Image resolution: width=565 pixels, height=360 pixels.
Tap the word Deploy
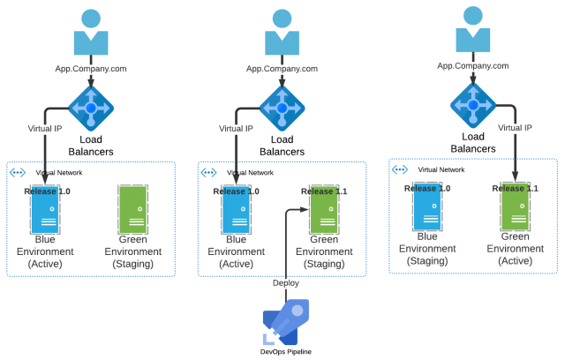coord(285,283)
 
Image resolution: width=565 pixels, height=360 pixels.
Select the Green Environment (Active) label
coord(516,249)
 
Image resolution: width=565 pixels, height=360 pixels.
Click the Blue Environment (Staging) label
coord(426,249)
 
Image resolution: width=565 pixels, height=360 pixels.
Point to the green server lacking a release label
coord(133,209)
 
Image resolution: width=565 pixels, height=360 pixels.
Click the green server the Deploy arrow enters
coord(324,210)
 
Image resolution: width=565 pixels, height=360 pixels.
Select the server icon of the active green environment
coord(516,206)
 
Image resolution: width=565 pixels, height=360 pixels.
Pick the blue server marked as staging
coord(426,206)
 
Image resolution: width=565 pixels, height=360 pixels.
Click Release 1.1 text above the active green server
coord(515,188)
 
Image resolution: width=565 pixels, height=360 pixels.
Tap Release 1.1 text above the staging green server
coord(324,191)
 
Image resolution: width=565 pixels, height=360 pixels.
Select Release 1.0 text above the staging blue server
coord(426,188)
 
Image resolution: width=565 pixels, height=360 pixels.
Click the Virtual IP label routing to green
coord(515,128)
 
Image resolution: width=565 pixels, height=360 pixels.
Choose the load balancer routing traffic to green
coord(473,105)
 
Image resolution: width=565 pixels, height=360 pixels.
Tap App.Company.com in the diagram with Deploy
coord(282,68)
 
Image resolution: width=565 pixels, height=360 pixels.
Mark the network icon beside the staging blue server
coord(400,169)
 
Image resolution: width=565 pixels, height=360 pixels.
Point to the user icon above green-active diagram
coord(473,30)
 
